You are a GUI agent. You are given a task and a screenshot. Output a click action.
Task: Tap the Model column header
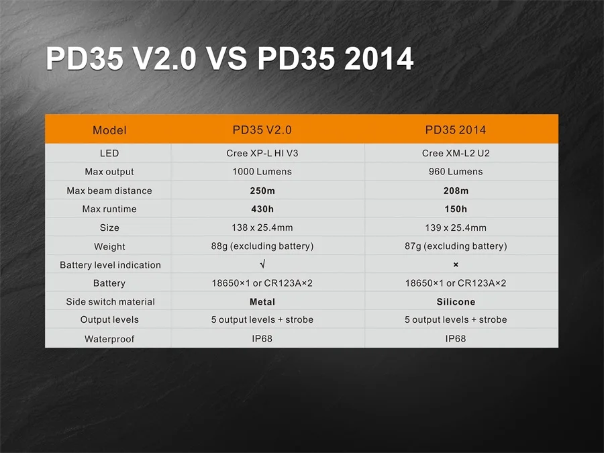109,130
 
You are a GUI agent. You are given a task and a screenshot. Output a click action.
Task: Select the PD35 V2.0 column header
262,130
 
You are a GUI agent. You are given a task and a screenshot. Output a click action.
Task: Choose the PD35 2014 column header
456,130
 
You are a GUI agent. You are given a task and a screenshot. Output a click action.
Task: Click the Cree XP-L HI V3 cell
262,153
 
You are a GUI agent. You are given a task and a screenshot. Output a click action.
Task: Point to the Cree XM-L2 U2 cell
456,153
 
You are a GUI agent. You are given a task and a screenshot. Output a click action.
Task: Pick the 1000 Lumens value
262,172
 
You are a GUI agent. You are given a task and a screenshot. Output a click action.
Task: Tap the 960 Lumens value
456,172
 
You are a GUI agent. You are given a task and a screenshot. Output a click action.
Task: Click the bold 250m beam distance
262,191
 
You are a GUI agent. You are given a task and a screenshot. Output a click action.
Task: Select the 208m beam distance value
456,191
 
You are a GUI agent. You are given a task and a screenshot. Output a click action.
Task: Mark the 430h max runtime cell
262,209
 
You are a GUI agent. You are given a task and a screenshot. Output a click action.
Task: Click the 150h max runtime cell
456,209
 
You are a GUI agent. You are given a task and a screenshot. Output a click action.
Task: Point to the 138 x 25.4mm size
262,228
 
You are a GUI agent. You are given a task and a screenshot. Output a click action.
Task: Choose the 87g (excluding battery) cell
456,246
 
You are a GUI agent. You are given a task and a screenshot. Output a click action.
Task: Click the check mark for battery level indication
262,265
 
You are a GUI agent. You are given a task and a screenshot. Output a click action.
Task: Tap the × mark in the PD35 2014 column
456,265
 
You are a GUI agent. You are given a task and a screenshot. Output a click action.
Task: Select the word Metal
262,302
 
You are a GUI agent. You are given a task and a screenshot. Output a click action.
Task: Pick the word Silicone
456,302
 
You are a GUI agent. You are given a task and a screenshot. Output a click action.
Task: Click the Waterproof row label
109,339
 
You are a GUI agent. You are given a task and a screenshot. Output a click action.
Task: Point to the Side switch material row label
110,302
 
